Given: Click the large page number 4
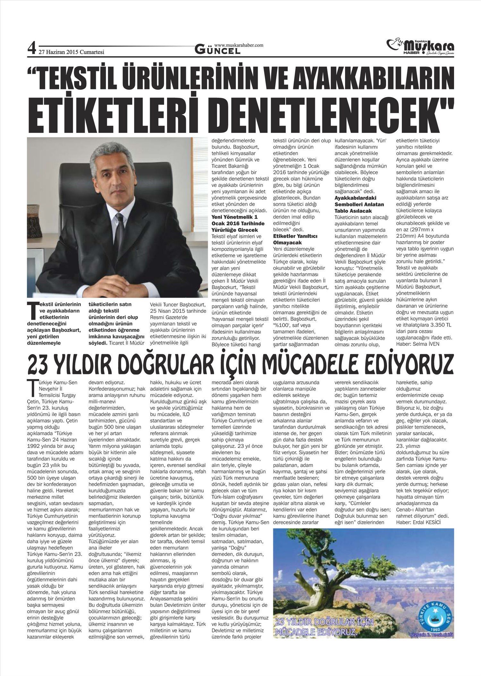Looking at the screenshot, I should (x=31, y=49).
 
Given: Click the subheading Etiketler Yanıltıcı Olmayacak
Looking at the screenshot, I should (x=295, y=239).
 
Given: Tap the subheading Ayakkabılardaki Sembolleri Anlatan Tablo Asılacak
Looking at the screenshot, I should (x=359, y=204).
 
